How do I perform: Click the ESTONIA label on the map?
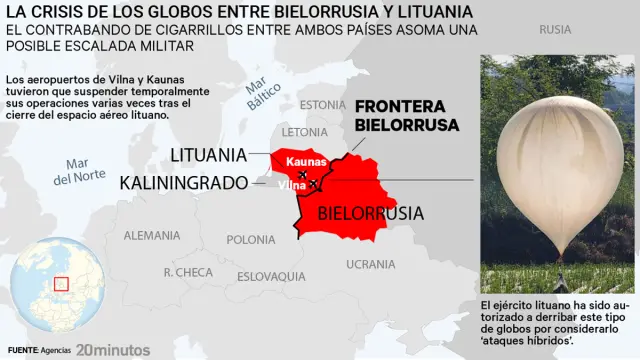point(321,105)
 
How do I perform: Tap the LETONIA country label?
point(305,132)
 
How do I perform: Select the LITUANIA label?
point(208,155)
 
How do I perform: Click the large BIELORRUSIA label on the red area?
point(370,213)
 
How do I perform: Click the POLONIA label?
point(251,240)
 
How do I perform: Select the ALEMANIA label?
point(152,236)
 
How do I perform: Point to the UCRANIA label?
point(370,264)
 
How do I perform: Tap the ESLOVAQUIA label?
point(271,276)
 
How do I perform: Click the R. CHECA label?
point(187,272)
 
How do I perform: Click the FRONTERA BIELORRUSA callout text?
point(407,115)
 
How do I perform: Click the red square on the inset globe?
point(61,284)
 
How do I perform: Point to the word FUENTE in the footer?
point(20,351)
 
